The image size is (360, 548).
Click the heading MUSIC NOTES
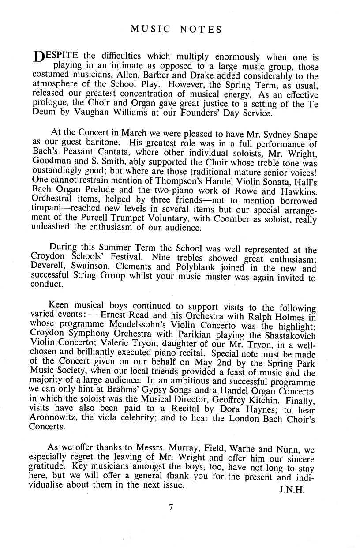[176, 30]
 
